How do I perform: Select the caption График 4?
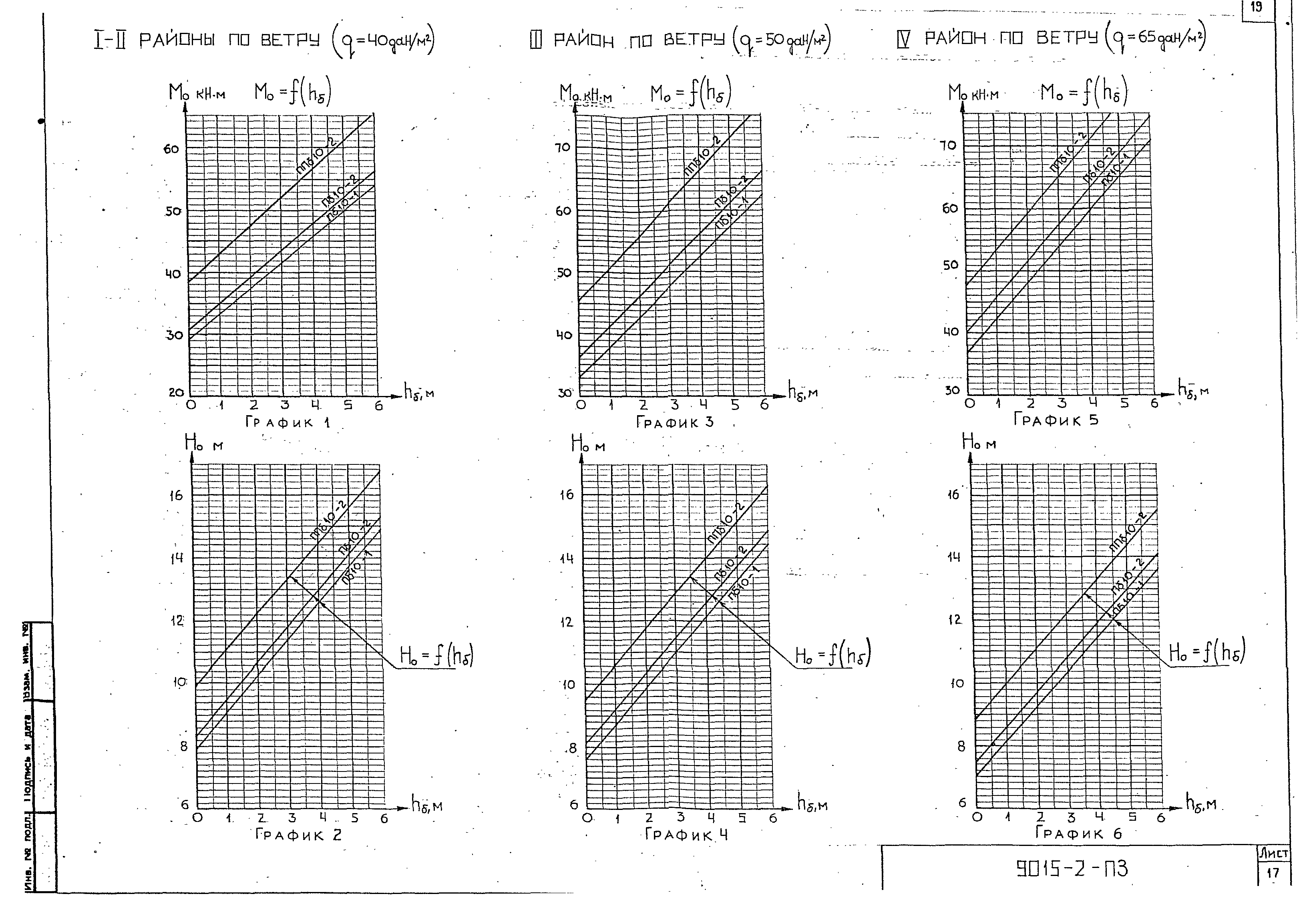point(686,835)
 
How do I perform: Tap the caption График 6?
point(1078,833)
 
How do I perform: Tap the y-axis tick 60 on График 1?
point(171,149)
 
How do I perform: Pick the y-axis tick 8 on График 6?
point(961,747)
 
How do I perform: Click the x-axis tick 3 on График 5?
point(1061,404)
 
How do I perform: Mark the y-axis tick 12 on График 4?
point(566,623)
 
